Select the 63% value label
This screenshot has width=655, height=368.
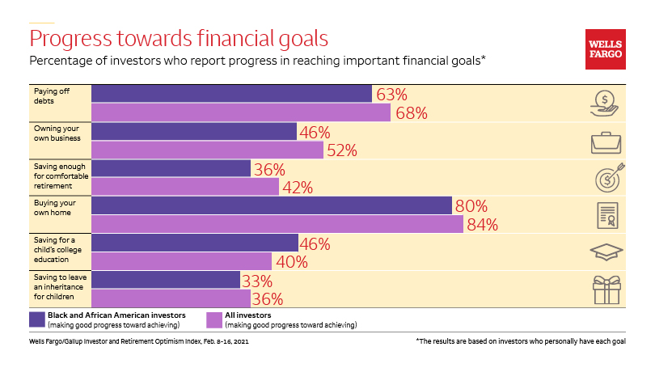[390, 94]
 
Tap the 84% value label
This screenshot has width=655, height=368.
[482, 225]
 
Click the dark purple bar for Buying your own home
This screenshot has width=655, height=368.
[271, 205]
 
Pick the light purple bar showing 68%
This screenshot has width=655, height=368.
[241, 112]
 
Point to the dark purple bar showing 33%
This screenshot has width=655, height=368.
[166, 280]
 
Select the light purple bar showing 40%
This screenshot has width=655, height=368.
[181, 261]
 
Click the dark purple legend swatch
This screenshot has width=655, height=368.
[36, 319]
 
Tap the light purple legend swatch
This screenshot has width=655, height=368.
[214, 319]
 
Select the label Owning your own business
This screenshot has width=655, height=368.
[55, 132]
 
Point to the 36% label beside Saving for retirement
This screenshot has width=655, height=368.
[269, 169]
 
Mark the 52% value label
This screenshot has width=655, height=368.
[340, 150]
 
